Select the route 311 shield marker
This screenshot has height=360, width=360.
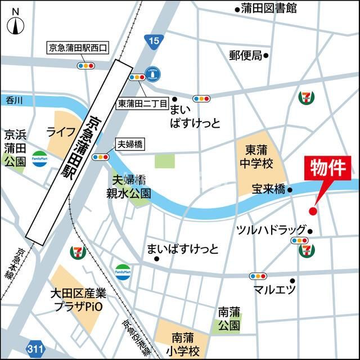[35, 349]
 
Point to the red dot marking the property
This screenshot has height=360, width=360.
[313, 211]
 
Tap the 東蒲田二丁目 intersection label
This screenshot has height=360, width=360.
[142, 104]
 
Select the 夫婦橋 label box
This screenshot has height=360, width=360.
[129, 145]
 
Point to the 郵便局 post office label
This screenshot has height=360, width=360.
[245, 55]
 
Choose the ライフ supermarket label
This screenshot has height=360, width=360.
[61, 132]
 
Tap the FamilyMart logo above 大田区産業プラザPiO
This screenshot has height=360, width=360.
[123, 271]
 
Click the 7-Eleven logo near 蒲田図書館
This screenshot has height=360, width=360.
[307, 97]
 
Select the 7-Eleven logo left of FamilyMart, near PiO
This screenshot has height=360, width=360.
[76, 253]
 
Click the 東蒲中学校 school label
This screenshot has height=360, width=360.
[259, 157]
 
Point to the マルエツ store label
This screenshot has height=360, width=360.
[274, 290]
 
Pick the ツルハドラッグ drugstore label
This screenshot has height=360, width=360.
[271, 229]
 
